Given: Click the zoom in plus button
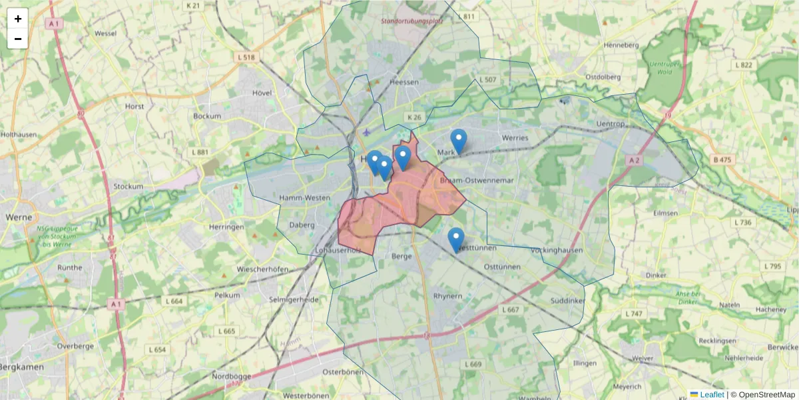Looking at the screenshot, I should (18, 19).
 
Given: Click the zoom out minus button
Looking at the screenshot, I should (18, 39).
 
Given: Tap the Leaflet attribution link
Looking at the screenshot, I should (711, 395).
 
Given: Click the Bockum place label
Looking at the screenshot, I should (206, 116).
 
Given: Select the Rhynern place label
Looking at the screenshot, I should (447, 295).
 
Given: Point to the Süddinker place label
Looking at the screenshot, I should (567, 301).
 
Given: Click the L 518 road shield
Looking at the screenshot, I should (246, 57).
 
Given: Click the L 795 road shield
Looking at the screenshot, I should (772, 266).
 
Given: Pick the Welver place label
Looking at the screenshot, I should (641, 358).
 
